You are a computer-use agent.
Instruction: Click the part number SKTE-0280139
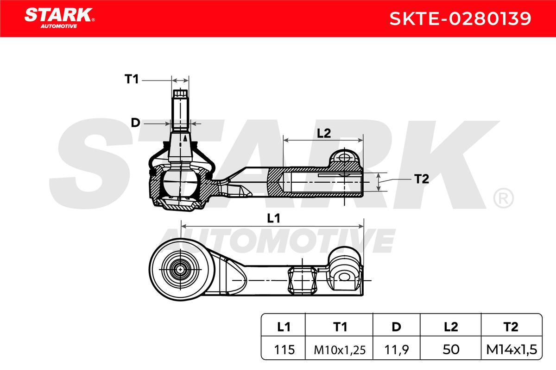tap(460, 18)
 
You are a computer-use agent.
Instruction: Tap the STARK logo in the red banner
tap(60, 18)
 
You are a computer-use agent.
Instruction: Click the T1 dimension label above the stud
tap(132, 79)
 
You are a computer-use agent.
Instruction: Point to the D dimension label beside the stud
tap(135, 123)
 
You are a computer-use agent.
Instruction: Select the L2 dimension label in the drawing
tap(324, 133)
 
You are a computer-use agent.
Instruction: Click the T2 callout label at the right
tap(422, 179)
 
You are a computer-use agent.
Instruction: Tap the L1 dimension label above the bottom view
tap(273, 219)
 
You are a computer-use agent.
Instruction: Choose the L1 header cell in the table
tap(284, 327)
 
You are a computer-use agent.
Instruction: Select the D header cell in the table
tap(397, 327)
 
